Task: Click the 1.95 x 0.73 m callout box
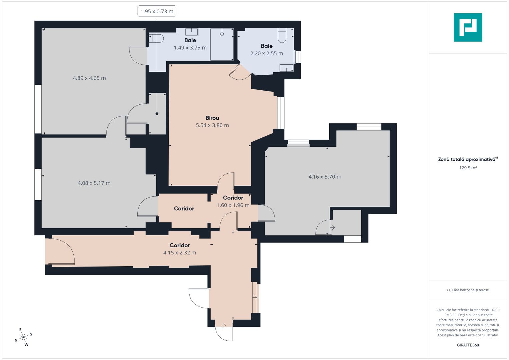coord(157,11)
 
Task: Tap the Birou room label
coord(212,118)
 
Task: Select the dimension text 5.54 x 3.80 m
coord(212,125)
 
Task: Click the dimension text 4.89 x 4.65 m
coord(89,78)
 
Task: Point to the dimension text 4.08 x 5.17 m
coord(94,183)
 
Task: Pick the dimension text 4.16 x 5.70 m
coord(325,177)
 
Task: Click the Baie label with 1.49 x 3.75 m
coord(190,40)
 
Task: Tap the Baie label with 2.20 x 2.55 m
coord(267,46)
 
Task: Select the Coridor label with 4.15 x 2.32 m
coord(180,245)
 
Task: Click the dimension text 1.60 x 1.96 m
coord(233,205)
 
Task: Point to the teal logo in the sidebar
coord(468,27)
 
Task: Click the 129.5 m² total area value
coord(468,168)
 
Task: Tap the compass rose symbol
coord(23,337)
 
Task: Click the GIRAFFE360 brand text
coord(468,345)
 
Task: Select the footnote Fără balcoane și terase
coord(468,290)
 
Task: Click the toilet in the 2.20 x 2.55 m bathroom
coord(282,35)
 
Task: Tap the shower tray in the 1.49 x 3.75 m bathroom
coord(222,44)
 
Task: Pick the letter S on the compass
coord(31,334)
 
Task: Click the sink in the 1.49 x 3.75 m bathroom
coord(191,32)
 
